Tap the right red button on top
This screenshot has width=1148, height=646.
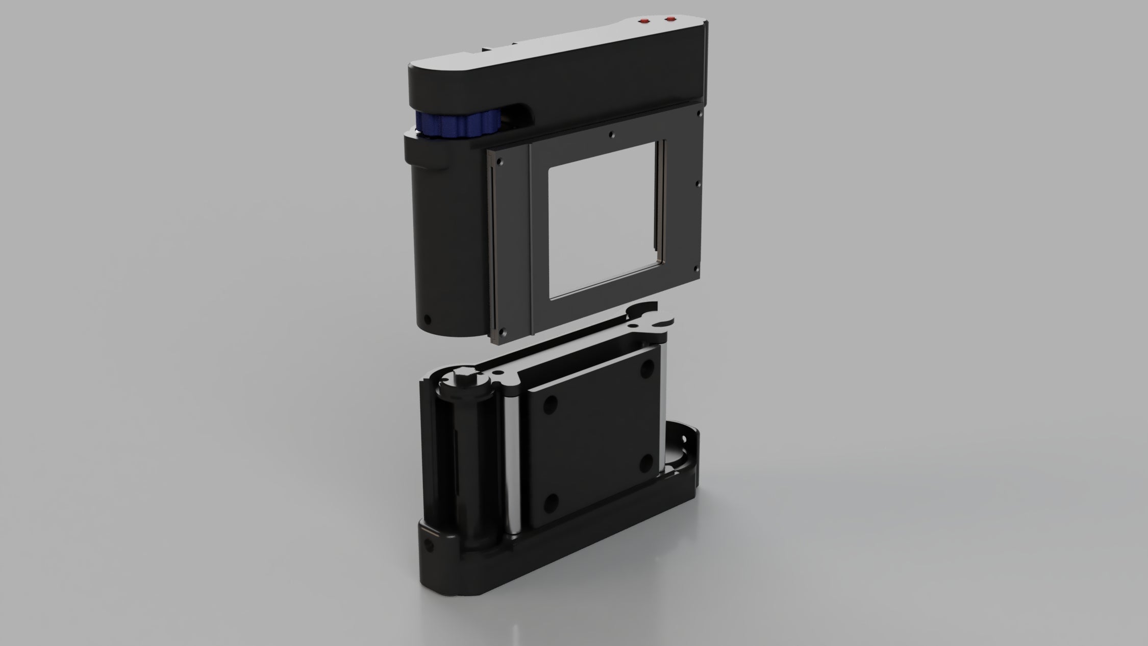671,19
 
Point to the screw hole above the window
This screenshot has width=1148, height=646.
613,135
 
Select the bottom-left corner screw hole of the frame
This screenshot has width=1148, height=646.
503,331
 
